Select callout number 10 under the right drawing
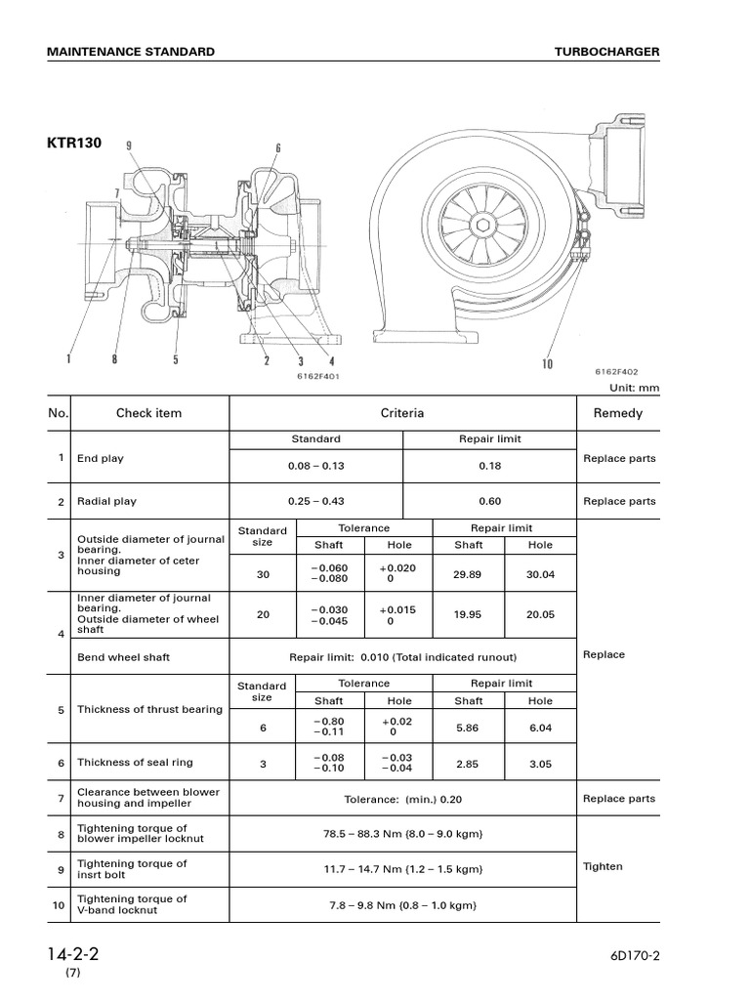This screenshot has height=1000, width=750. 547,364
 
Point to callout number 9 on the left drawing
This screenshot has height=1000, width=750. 129,146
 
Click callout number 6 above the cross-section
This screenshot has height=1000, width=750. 278,148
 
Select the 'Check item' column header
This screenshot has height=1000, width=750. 148,413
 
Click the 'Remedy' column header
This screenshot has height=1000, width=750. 618,413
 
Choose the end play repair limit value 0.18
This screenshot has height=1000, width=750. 489,466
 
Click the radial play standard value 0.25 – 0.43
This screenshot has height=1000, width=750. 315,501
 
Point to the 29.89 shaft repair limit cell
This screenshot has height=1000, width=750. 469,575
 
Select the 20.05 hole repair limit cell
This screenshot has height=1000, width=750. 540,615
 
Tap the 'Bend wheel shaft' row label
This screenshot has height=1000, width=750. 123,657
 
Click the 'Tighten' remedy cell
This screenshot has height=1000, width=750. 603,866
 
